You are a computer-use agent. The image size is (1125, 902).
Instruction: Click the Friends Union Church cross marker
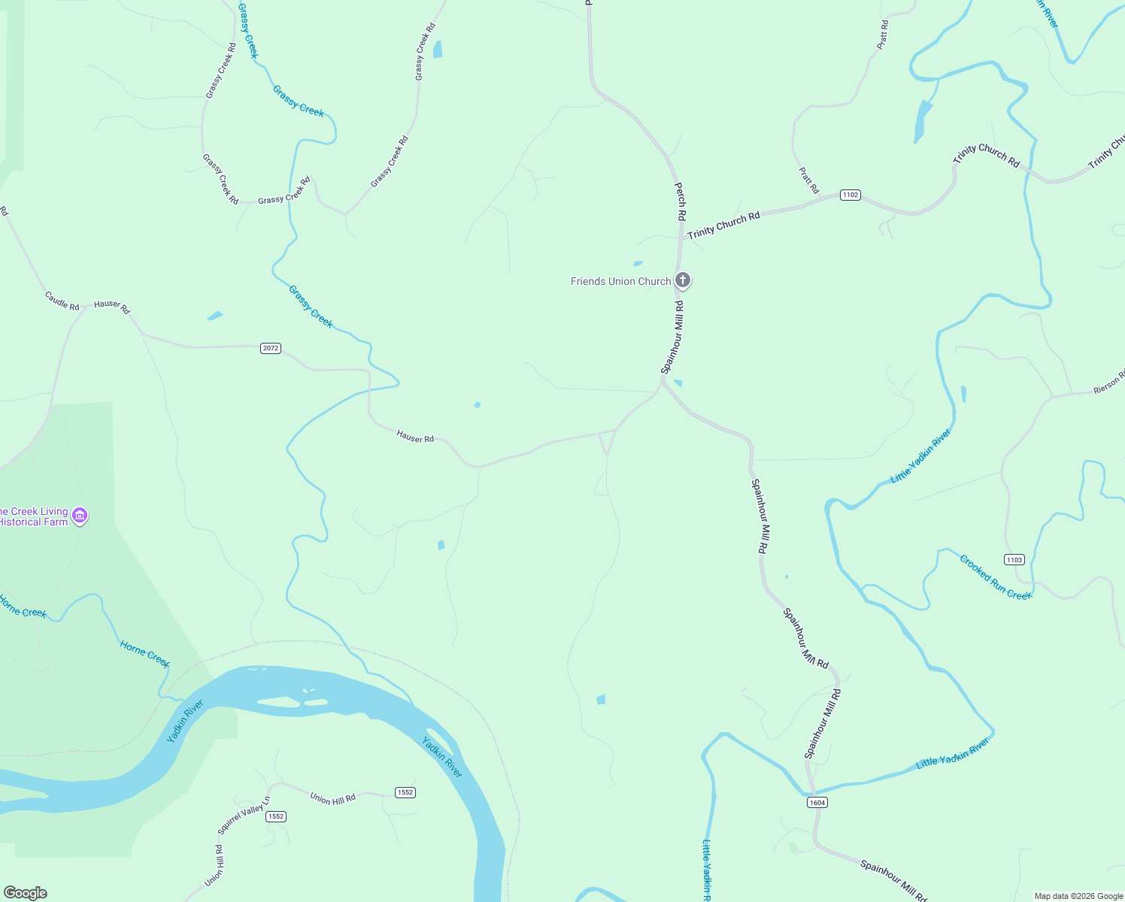click(x=682, y=280)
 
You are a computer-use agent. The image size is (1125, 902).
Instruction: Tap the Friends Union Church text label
click(x=620, y=281)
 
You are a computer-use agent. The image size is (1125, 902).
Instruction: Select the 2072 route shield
click(x=271, y=348)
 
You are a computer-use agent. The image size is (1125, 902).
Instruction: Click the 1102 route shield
click(x=850, y=195)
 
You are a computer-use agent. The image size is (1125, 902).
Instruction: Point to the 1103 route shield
click(x=1014, y=559)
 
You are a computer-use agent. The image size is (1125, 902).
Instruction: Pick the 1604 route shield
click(x=817, y=803)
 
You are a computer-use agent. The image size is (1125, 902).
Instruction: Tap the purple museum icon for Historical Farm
click(x=80, y=516)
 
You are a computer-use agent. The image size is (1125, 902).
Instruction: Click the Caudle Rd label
click(x=62, y=301)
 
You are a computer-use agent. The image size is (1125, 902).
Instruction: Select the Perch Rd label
click(x=680, y=201)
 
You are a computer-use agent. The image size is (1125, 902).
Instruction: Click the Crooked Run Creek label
click(x=996, y=577)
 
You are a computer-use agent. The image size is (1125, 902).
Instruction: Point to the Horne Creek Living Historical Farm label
click(x=34, y=516)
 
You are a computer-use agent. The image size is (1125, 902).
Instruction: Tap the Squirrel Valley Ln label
click(x=243, y=816)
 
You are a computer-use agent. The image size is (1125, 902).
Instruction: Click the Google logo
click(x=26, y=893)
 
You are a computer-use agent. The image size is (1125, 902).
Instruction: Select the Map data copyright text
click(x=1078, y=896)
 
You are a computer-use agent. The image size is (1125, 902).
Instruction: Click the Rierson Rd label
click(x=1109, y=382)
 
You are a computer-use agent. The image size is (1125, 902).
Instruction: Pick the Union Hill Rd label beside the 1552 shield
click(x=332, y=798)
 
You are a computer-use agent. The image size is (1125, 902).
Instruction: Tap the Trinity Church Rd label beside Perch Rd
click(x=723, y=225)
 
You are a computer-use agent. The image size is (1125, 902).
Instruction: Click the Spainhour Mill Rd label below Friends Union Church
click(x=672, y=337)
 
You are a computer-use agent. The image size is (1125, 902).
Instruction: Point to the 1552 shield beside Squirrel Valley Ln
click(x=276, y=816)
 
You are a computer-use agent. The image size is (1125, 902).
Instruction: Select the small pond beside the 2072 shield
click(x=215, y=316)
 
